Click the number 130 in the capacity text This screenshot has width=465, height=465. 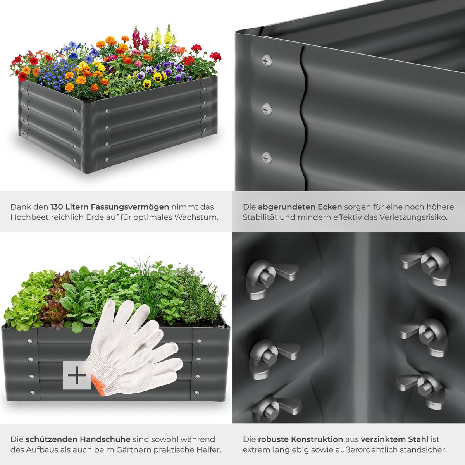click(57, 207)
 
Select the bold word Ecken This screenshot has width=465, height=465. click(330, 207)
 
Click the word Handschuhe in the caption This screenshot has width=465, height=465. click(105, 439)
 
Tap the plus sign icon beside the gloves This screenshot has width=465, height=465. click(77, 375)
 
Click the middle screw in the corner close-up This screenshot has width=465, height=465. click(267, 110)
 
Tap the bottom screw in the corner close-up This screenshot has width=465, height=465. click(267, 158)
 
